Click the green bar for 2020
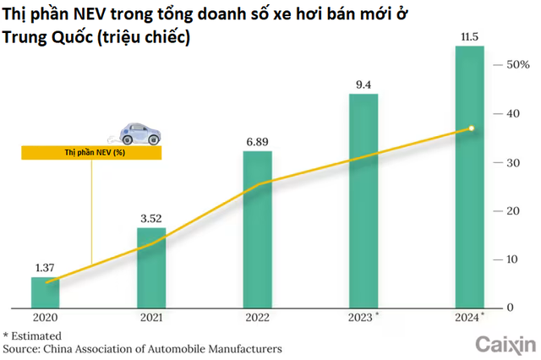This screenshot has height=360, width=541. coord(45,292)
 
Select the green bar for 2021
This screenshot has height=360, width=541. coord(151,267)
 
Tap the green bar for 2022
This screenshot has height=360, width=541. coord(258,228)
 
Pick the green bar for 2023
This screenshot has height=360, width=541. coord(364,199)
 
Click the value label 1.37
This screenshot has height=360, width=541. coord(45,267)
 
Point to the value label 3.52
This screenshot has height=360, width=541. coord(151,218)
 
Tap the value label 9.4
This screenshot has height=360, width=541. coord(364,84)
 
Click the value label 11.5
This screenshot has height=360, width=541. coord(471,35)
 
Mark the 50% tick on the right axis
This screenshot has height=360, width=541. coord(516,65)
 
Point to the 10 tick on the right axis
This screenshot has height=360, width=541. coord(511,259)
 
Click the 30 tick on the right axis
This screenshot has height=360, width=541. coord(511,162)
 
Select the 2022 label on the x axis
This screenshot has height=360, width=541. coord(258,319)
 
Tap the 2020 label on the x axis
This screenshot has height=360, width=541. coord(45,319)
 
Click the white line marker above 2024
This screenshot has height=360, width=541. coord(472,128)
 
